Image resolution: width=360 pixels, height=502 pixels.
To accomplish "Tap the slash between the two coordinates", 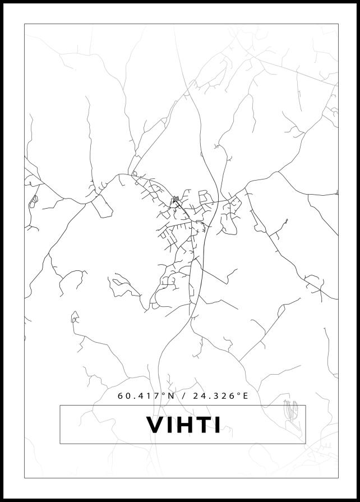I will coord(183,396).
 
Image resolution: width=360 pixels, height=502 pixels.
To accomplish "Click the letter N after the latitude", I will coord(172,396).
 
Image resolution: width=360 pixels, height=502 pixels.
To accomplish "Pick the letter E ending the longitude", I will coord(244,396).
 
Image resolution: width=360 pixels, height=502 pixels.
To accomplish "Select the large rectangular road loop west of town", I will coord(102,206).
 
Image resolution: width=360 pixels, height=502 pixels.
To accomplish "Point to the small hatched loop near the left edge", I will coord(34,199).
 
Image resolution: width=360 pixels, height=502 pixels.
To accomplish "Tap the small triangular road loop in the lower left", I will coord(74,318).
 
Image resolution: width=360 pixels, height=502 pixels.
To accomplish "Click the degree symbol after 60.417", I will coord(164,394).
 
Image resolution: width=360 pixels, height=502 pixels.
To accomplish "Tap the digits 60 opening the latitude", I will coord(123,396).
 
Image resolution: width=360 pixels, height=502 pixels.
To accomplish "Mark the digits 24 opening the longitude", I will coord(197,396).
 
